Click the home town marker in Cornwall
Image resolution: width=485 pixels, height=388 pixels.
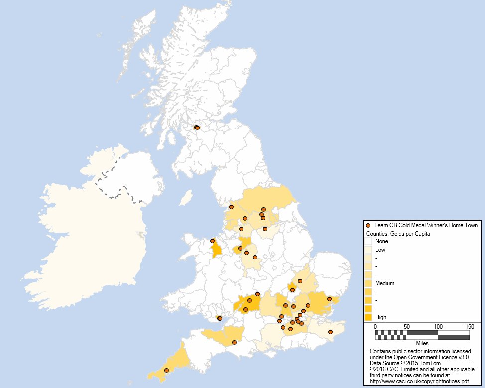pyautogui.click(x=166, y=370)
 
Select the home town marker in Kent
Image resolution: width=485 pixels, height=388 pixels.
pyautogui.click(x=330, y=332)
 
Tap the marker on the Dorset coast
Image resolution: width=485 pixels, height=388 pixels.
pyautogui.click(x=234, y=342)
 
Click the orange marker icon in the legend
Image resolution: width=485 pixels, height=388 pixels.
pyautogui.click(x=368, y=226)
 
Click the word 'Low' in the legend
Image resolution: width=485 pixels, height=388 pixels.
pyautogui.click(x=380, y=250)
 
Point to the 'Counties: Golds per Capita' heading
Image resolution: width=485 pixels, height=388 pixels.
pyautogui.click(x=398, y=233)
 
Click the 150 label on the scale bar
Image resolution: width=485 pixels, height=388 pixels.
pyautogui.click(x=469, y=326)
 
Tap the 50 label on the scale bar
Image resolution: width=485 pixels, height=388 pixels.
pyautogui.click(x=407, y=326)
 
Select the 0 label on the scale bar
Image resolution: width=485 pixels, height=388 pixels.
pyautogui.click(x=375, y=326)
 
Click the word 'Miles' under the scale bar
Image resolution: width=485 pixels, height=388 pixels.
pyautogui.click(x=422, y=343)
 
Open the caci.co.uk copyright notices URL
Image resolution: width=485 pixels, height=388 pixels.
pyautogui.click(x=419, y=381)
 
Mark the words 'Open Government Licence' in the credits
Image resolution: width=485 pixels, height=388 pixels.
pyautogui.click(x=424, y=357)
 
